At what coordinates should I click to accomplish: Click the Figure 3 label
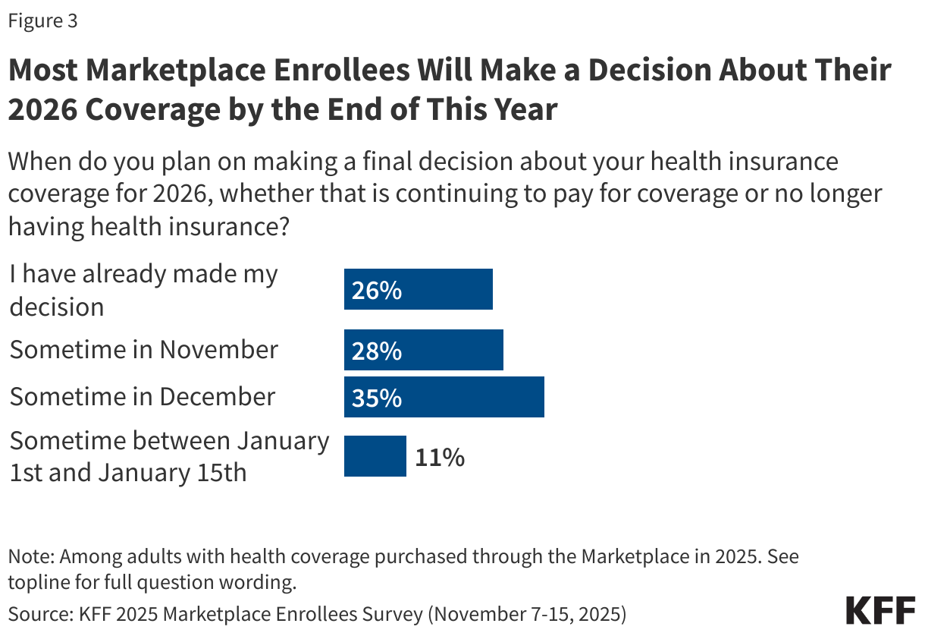tap(42, 21)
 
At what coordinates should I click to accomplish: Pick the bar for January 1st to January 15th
tap(375, 456)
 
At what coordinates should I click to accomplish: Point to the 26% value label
tap(376, 290)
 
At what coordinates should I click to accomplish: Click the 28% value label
tap(376, 351)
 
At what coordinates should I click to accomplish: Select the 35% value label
tap(376, 397)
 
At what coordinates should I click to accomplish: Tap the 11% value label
tap(439, 457)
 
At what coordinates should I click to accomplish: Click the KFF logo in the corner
tap(880, 610)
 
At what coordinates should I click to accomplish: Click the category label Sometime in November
tap(143, 350)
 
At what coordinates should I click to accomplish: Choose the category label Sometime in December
tap(142, 397)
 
